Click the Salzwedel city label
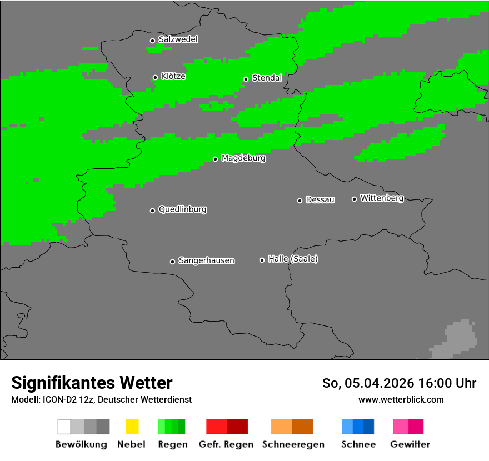pyautogui.click(x=178, y=39)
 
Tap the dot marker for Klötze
pyautogui.click(x=155, y=78)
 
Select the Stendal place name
pyautogui.click(x=267, y=78)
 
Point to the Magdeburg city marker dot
pyautogui.click(x=215, y=159)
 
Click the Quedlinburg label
pyautogui.click(x=182, y=209)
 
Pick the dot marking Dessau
pyautogui.click(x=300, y=201)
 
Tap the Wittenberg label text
pyautogui.click(x=382, y=198)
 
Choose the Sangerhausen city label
pyautogui.click(x=206, y=260)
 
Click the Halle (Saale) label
pyautogui.click(x=293, y=259)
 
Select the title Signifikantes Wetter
pyautogui.click(x=92, y=383)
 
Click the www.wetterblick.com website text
pyautogui.click(x=401, y=399)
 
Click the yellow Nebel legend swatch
pyautogui.click(x=132, y=427)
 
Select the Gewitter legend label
pyautogui.click(x=410, y=444)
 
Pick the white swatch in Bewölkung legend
pyautogui.click(x=64, y=427)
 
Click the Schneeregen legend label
pyautogui.click(x=292, y=444)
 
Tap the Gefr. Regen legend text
pyautogui.click(x=226, y=444)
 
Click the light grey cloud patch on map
pyautogui.click(x=459, y=339)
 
